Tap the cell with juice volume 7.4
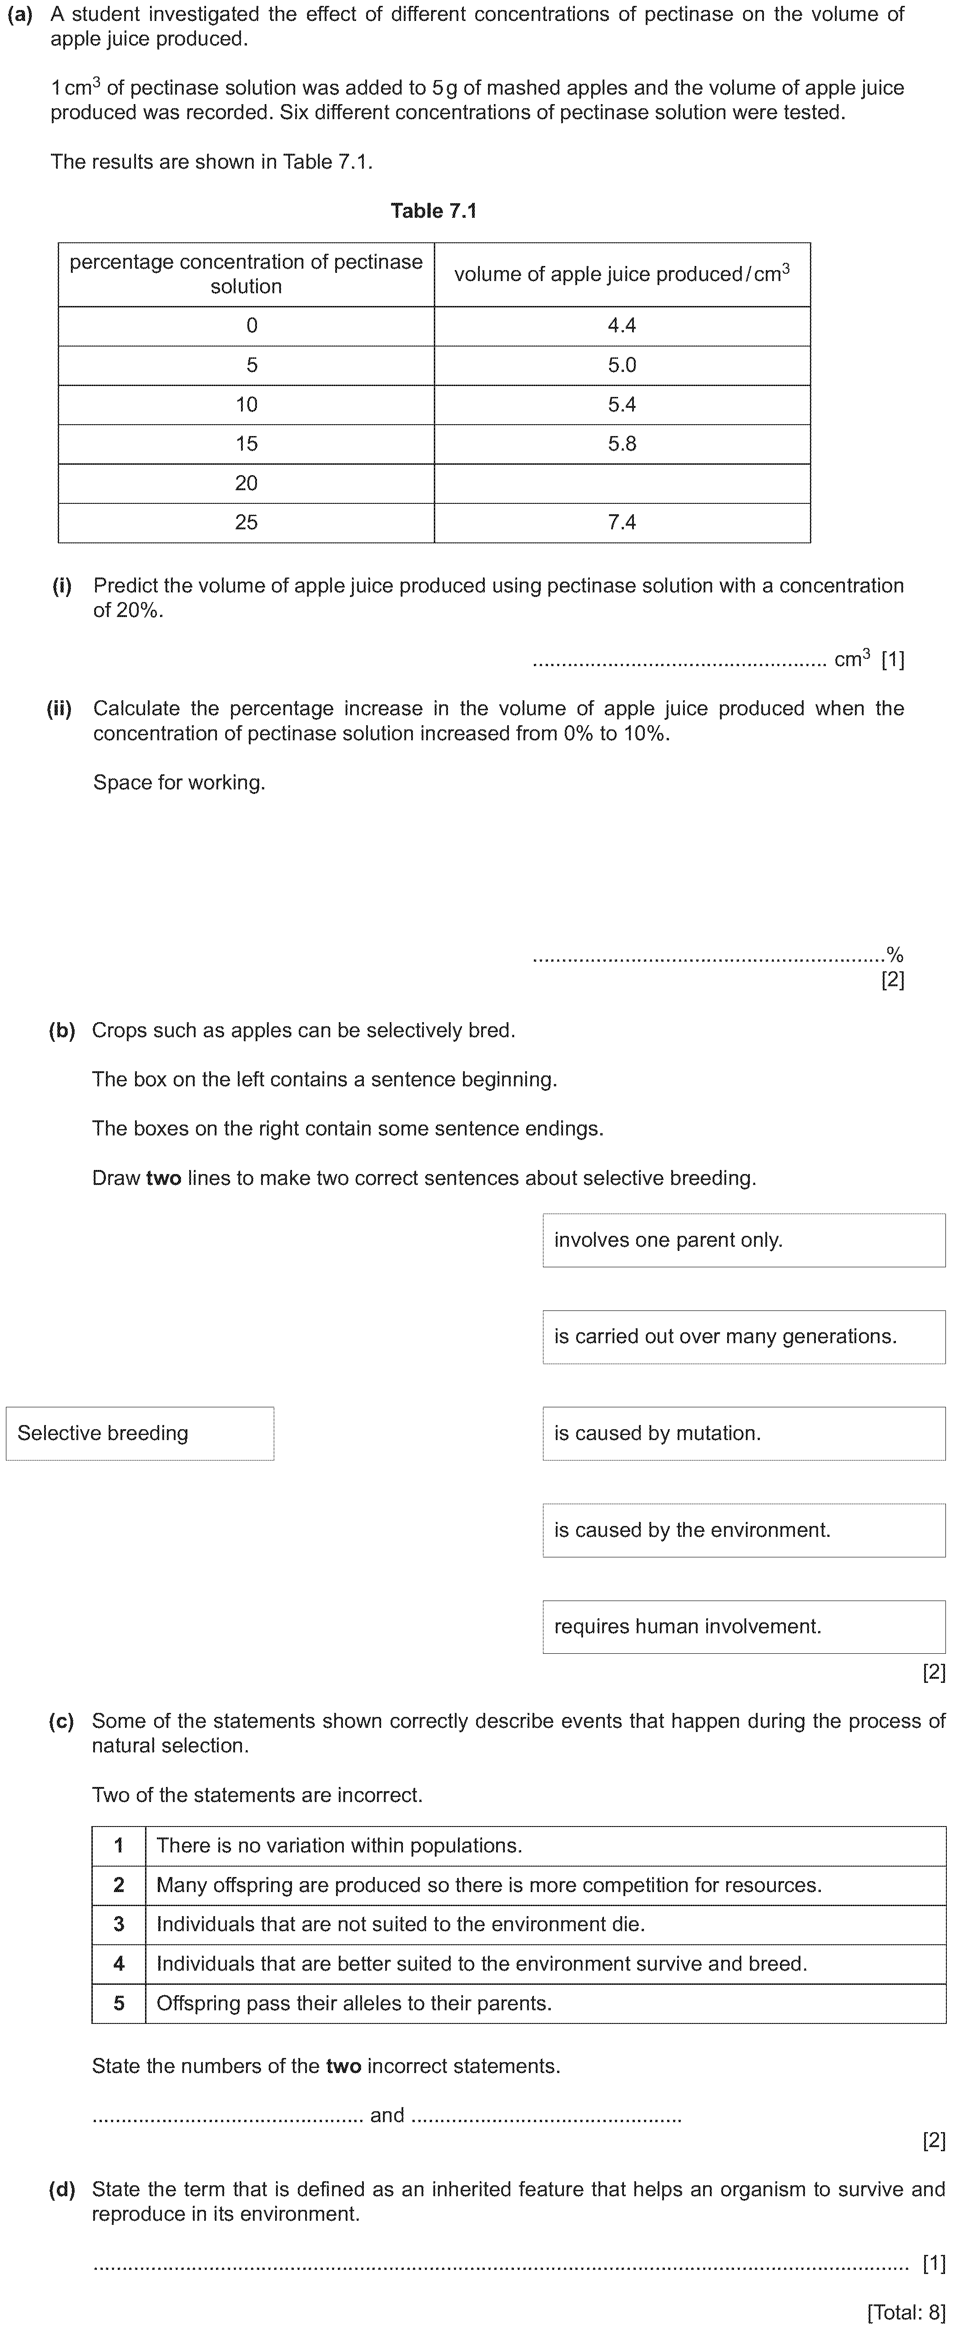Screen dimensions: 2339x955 click(622, 522)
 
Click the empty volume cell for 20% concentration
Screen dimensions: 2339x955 click(622, 483)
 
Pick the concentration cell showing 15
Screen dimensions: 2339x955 click(246, 444)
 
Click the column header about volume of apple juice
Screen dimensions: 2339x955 click(622, 274)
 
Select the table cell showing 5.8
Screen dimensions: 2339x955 click(622, 444)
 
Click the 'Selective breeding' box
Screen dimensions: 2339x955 click(140, 1433)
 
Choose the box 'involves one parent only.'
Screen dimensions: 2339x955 click(744, 1240)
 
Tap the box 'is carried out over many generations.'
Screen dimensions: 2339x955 click(744, 1336)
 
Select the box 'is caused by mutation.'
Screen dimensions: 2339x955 click(744, 1433)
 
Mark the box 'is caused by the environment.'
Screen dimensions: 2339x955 click(744, 1530)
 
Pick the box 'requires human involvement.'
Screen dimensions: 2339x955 click(744, 1626)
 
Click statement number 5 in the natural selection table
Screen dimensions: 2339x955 click(119, 2003)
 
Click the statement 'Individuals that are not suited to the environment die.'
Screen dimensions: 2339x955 click(400, 1924)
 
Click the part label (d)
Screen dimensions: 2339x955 click(62, 2189)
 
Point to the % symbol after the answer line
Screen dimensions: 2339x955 click(895, 954)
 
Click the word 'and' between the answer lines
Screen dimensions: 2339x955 click(387, 2115)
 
